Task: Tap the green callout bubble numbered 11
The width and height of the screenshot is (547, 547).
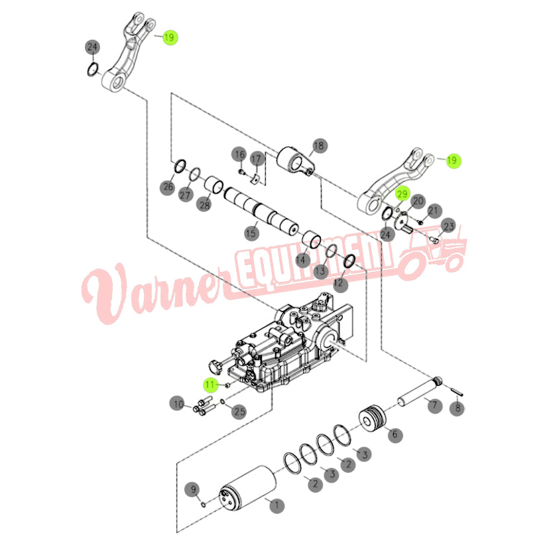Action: point(210,383)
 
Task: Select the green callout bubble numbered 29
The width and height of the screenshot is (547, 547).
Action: point(402,194)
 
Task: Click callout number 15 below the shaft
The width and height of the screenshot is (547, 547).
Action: point(251,233)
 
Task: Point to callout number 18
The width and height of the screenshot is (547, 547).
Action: point(318,145)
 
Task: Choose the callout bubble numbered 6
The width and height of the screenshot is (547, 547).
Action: point(395,435)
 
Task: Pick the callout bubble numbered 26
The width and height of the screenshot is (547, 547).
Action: point(168,188)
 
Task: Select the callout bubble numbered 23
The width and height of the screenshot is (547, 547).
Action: point(448,225)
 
